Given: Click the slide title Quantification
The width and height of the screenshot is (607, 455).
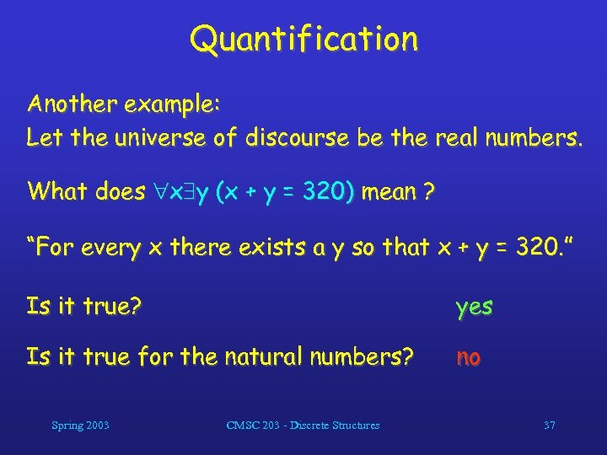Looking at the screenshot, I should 303,39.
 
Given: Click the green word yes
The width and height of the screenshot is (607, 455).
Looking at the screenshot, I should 474,307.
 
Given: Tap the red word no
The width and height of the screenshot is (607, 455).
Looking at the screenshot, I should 469,357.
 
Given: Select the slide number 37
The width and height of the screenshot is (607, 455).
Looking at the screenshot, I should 549,426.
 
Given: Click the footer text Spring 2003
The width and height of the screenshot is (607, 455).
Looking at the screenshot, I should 79,426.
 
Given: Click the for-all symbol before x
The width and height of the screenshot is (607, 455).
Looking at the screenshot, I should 159,192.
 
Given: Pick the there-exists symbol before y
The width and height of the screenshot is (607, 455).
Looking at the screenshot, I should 188,192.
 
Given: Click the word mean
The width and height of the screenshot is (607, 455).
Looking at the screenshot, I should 389,192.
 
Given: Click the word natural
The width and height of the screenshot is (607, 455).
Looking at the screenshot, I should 264,357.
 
